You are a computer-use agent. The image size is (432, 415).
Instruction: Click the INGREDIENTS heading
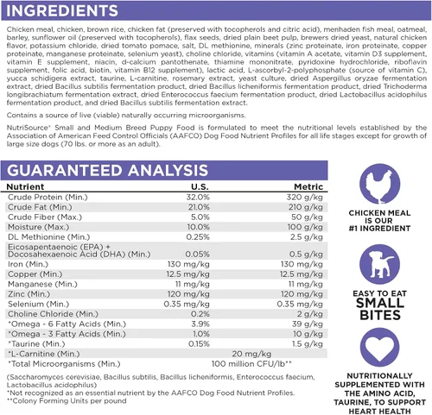tap(62, 10)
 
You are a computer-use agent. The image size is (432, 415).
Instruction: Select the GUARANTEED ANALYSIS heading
tap(107, 170)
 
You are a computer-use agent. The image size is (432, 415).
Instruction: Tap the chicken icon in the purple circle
tap(379, 184)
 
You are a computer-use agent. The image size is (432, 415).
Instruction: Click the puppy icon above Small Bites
tap(379, 265)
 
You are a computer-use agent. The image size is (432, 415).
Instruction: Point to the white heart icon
tap(379, 347)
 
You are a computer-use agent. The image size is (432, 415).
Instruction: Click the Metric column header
tap(308, 186)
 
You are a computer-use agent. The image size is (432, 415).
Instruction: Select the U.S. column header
tap(200, 186)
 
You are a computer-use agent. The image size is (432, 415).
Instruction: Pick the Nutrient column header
tap(25, 186)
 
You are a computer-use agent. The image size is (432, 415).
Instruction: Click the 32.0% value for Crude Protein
tap(198, 198)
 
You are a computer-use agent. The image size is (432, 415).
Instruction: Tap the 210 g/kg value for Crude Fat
tap(306, 207)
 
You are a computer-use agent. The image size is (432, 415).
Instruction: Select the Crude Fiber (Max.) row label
tap(45, 217)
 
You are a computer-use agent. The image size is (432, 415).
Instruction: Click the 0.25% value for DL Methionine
tap(198, 237)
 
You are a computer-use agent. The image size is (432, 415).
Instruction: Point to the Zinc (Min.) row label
tap(29, 294)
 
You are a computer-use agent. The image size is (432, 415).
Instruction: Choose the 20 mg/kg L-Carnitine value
tap(251, 354)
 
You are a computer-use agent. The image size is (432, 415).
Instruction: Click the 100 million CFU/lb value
tap(251, 364)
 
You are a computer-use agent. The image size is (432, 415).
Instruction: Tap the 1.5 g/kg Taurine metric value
tap(308, 344)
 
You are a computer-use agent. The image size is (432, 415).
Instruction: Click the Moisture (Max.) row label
tap(39, 227)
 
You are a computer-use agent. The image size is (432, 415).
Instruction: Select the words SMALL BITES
tap(380, 309)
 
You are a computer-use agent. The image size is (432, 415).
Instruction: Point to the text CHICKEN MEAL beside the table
tap(379, 213)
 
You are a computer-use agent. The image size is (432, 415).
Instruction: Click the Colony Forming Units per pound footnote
tap(67, 401)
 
